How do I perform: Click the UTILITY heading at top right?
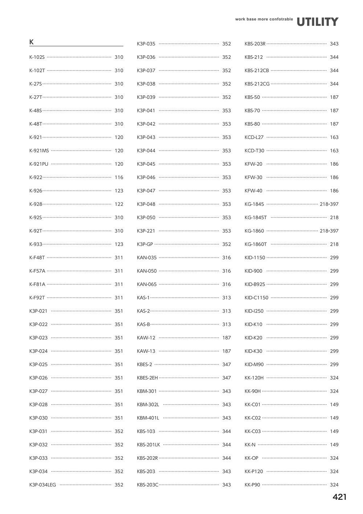tap(317, 22)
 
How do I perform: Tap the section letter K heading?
tap(32, 42)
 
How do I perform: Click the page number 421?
tap(339, 497)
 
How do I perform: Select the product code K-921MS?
tap(39, 150)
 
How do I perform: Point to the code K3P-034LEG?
tap(42, 485)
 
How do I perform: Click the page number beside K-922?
tap(119, 177)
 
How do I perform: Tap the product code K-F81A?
tap(37, 284)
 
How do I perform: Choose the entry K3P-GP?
tap(145, 244)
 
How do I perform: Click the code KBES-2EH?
tap(147, 378)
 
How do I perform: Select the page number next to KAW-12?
tap(227, 338)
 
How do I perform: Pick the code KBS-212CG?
tap(257, 84)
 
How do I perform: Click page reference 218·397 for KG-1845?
tap(329, 204)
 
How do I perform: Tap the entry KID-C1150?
tap(256, 298)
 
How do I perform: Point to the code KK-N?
tap(250, 445)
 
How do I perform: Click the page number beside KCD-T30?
tap(334, 150)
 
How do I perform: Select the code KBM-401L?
tap(148, 418)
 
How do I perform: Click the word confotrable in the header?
tap(281, 19)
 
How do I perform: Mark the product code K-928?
tap(36, 204)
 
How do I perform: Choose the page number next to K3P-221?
tap(227, 231)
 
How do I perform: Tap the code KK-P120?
tap(254, 471)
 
